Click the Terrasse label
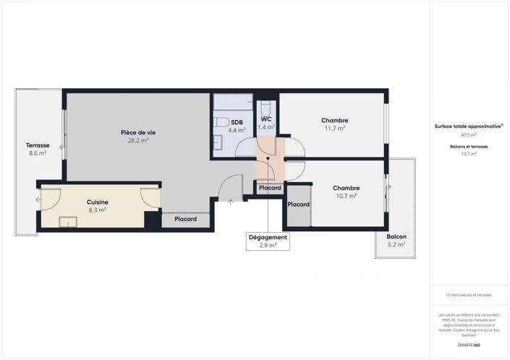click(37, 145)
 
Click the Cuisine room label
click(98, 202)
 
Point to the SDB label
click(237, 122)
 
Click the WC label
click(266, 119)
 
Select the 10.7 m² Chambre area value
click(347, 196)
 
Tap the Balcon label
click(396, 236)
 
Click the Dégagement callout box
click(268, 241)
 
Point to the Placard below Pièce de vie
click(187, 219)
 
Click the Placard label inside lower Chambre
click(298, 205)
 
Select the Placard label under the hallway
click(270, 188)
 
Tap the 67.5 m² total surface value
click(469, 134)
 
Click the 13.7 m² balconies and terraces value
click(469, 153)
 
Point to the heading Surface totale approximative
click(469, 126)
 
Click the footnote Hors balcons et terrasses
click(469, 295)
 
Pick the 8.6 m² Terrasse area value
click(37, 153)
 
